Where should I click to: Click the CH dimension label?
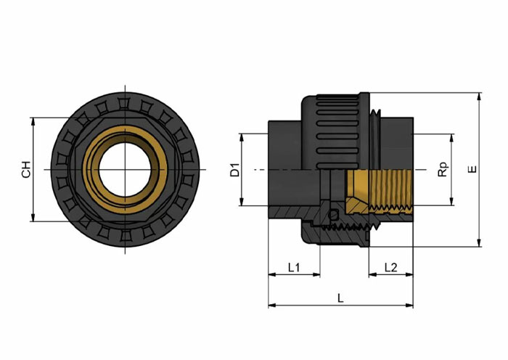26,169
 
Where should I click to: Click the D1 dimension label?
234,170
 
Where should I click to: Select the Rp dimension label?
443,169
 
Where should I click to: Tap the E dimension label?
473,169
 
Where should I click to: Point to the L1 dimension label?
294,267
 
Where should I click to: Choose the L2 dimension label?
390,267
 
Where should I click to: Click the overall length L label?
340,298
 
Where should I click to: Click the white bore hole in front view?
125,169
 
